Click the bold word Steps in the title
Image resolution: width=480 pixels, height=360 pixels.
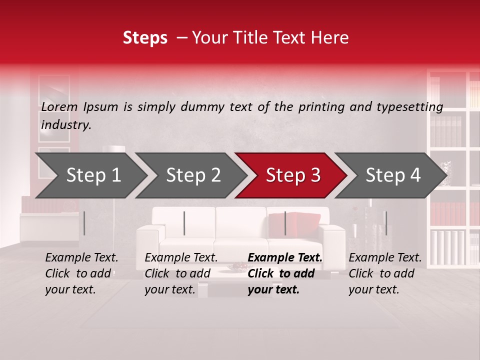pyautogui.click(x=145, y=38)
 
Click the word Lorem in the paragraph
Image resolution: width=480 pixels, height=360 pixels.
pyautogui.click(x=60, y=106)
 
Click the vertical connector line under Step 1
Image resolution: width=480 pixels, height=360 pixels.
pyautogui.click(x=84, y=223)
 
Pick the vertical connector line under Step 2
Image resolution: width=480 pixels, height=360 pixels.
pyautogui.click(x=184, y=223)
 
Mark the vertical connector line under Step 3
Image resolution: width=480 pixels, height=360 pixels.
pyautogui.click(x=285, y=223)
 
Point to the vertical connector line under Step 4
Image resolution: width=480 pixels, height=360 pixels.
pyautogui.click(x=385, y=223)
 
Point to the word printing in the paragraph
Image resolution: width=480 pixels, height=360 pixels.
pyautogui.click(x=323, y=106)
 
